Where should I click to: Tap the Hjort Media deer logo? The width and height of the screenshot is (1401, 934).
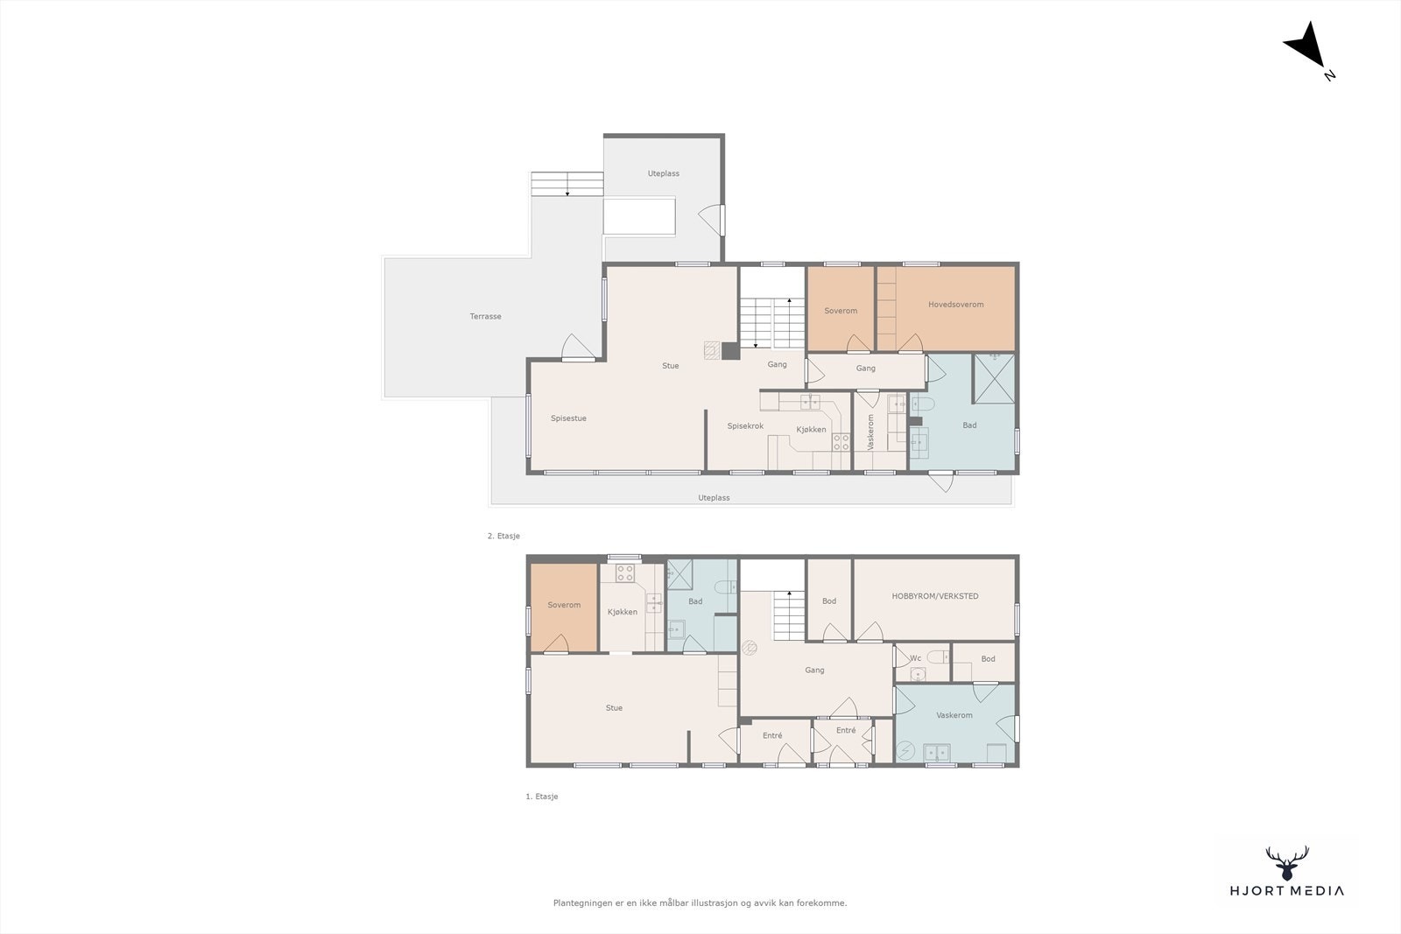[1287, 863]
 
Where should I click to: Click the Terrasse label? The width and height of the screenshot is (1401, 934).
[485, 316]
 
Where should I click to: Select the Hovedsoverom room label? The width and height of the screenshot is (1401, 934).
[955, 305]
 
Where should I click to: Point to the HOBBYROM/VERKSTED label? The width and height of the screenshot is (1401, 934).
[935, 596]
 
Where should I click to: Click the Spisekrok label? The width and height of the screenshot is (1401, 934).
[745, 425]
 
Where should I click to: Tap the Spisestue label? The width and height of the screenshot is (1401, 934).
[568, 418]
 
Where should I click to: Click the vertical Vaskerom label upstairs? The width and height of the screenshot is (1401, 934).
[870, 432]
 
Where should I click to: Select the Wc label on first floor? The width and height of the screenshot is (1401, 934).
[916, 657]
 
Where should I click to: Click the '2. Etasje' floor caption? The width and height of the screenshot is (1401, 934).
[503, 536]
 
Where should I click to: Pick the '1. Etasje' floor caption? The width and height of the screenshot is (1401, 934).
[542, 797]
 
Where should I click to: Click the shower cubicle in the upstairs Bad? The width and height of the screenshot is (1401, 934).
[994, 378]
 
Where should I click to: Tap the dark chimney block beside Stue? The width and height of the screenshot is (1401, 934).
[730, 351]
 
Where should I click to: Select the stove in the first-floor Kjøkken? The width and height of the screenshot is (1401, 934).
[625, 573]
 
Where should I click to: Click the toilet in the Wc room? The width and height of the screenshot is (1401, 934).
[938, 657]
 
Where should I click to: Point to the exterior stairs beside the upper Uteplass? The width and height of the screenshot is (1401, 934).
[567, 184]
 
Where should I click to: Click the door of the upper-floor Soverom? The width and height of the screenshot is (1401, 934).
[858, 345]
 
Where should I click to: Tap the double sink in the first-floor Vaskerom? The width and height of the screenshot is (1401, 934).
[936, 752]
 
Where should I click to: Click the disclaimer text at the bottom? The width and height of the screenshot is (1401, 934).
[700, 902]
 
